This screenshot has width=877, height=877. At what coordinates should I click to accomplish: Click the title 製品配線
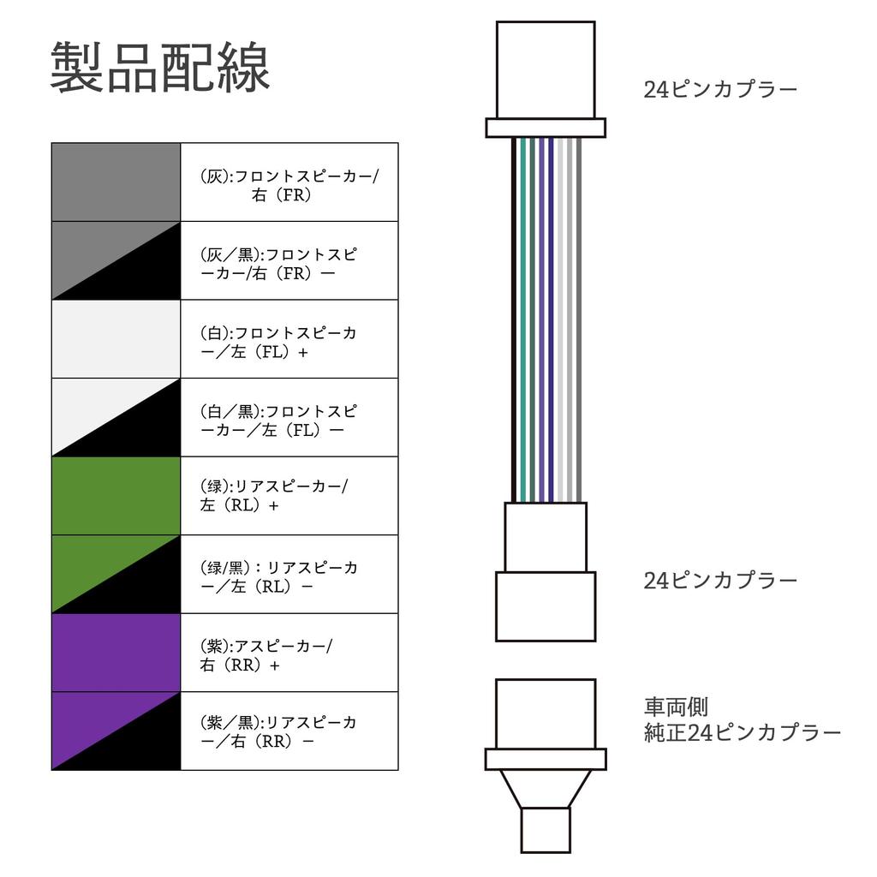click(x=160, y=67)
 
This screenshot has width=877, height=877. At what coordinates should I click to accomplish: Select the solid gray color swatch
click(x=116, y=182)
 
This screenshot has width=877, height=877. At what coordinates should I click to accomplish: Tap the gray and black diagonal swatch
click(x=116, y=260)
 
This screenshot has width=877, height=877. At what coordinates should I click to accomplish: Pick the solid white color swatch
click(x=116, y=339)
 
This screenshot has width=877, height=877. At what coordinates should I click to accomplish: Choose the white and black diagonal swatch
click(x=116, y=417)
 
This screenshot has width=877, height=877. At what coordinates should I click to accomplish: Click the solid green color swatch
click(x=116, y=496)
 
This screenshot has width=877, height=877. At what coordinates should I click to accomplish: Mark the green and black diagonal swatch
click(x=116, y=574)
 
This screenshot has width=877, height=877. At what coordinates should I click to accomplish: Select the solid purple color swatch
click(x=116, y=652)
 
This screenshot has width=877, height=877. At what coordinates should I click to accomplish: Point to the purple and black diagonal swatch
click(x=116, y=731)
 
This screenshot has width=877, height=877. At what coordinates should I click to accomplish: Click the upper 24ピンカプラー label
click(x=720, y=89)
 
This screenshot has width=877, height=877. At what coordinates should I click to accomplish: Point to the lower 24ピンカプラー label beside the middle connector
click(x=720, y=581)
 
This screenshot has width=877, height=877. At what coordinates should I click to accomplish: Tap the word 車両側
click(x=677, y=707)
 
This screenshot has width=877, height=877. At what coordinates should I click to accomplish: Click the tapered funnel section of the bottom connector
click(x=546, y=789)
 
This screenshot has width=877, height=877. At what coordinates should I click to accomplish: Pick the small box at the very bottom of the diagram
click(x=546, y=830)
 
